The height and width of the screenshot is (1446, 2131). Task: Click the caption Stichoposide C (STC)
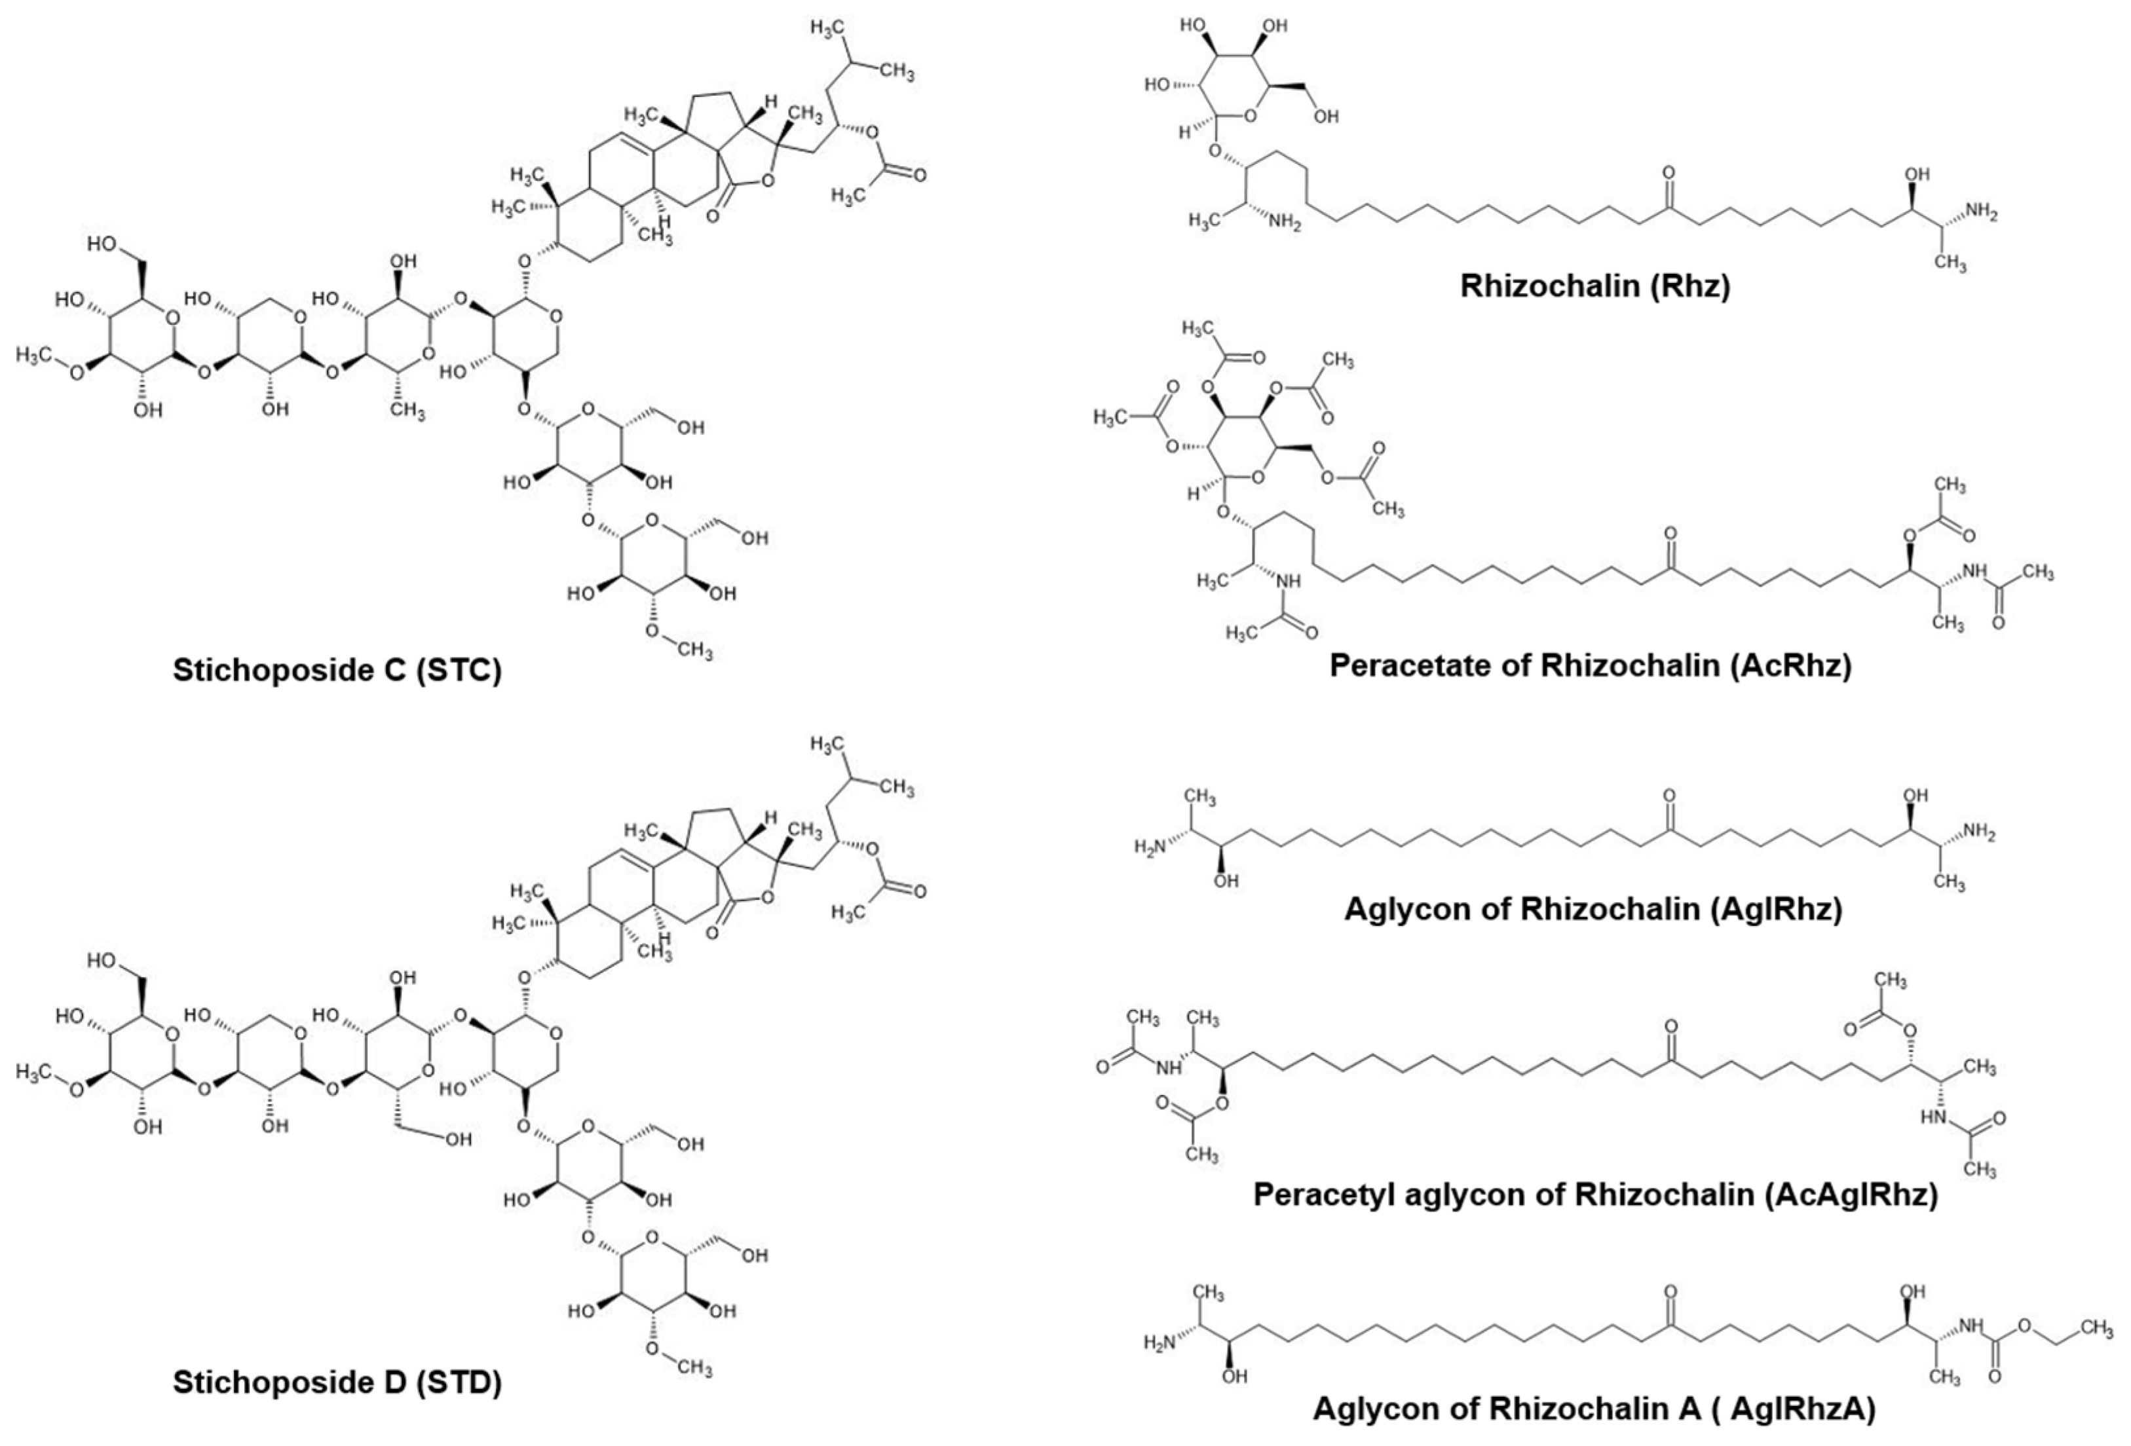point(337,670)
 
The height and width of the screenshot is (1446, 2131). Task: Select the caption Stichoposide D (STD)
point(337,1382)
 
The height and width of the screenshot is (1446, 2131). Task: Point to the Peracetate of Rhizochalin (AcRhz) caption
point(1590,665)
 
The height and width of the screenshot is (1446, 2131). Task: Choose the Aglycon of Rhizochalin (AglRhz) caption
point(1593,909)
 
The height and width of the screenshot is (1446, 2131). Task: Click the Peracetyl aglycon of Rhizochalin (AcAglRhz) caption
point(1596,1195)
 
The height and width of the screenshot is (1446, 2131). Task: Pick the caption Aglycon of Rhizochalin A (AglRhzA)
point(1594,1409)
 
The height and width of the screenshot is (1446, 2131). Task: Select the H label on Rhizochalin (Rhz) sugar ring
point(1184,134)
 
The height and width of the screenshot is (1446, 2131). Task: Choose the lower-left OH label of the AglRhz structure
point(1226,880)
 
